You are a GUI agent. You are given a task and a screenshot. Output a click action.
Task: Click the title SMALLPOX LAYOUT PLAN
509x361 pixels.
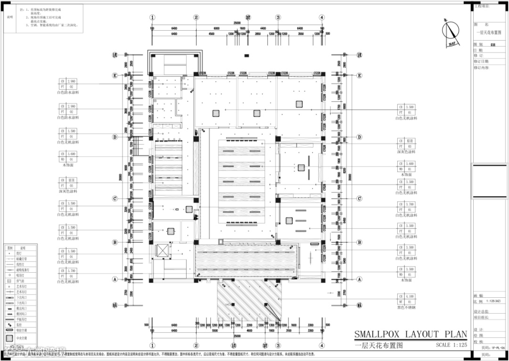pos(410,335)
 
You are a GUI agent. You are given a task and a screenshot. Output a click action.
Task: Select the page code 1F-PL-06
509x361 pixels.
pos(498,347)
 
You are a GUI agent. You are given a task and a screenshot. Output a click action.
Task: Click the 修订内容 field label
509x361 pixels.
pos(481,67)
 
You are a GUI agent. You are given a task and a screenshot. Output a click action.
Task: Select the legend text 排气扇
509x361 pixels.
pos(22,281)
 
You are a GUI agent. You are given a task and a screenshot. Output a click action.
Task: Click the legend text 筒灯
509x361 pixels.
pos(22,253)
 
